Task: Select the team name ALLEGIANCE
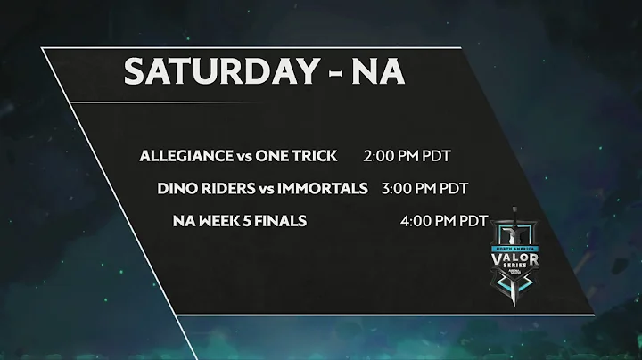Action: coord(186,156)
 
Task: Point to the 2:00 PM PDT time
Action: coord(407,156)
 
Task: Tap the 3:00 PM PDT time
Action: coord(424,188)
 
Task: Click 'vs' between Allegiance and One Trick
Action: coord(244,156)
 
